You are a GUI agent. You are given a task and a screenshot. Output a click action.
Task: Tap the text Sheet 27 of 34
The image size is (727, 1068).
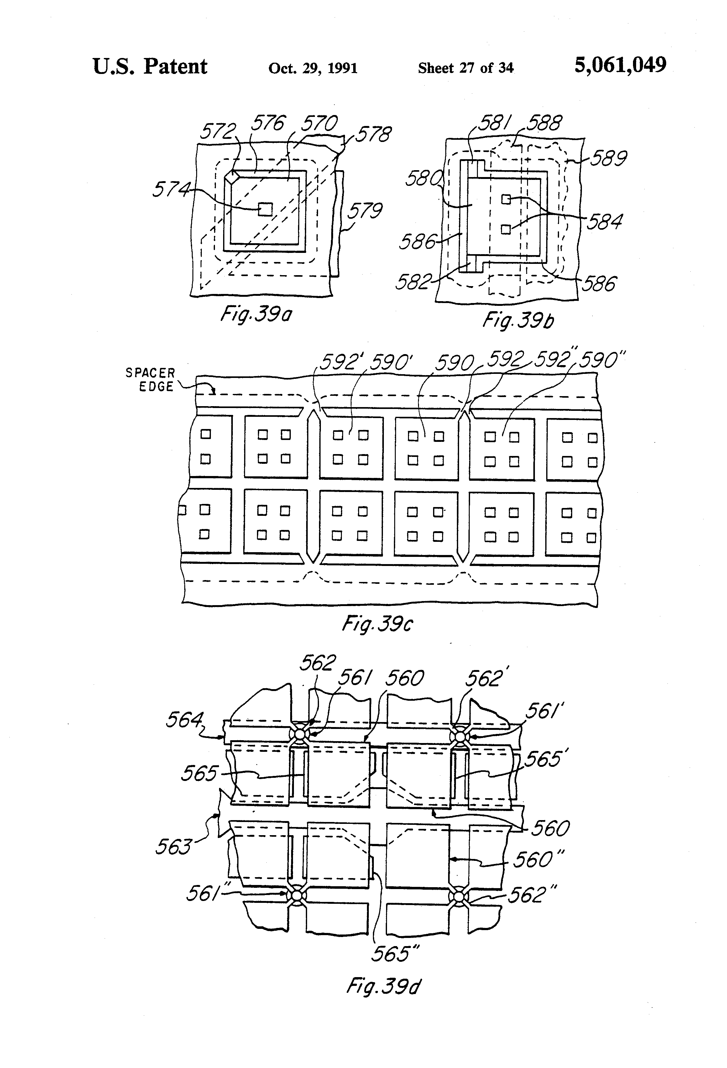[466, 68]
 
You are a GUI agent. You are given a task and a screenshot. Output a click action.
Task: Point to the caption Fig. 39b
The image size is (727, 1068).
[518, 320]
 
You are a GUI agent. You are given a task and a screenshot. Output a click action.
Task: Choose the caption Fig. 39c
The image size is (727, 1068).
[377, 624]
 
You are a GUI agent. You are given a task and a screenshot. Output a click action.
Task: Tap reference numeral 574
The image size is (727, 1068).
[171, 189]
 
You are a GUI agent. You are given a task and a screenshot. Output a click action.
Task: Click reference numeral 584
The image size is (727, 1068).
[604, 222]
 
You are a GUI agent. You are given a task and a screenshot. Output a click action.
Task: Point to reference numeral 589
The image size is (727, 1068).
[608, 159]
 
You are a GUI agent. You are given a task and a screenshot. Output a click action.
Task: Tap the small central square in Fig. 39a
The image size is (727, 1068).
[266, 209]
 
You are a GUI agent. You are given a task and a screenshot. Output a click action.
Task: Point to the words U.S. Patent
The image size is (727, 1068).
[150, 67]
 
